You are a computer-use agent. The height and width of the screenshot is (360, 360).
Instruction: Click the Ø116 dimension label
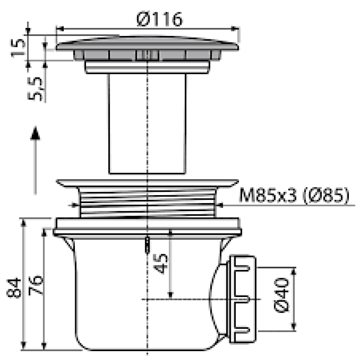[159, 19]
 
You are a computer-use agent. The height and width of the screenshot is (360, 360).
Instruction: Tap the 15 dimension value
[18, 48]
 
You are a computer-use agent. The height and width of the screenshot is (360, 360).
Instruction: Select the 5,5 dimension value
[35, 89]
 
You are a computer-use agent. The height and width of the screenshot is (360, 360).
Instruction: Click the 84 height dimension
[14, 288]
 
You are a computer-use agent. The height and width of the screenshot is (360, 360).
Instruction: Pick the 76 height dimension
[36, 285]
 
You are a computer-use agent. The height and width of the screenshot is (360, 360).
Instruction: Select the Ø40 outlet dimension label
[282, 295]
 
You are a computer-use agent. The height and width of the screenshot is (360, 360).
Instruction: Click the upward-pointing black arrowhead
[35, 133]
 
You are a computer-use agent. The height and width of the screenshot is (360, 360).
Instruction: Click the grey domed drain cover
[147, 44]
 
